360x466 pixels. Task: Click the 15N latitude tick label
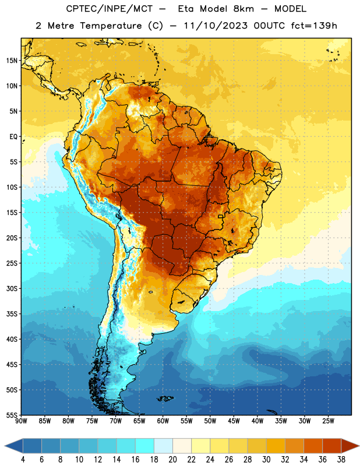coord(12,61)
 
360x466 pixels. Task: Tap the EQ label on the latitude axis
coord(13,137)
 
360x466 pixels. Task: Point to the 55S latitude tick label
coord(12,415)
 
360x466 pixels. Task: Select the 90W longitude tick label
coord(21,421)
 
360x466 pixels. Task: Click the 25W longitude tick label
coord(328,421)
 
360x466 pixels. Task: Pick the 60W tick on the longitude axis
coord(163,421)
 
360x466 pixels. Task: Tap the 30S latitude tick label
coord(12,288)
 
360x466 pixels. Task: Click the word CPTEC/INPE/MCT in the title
coord(109,9)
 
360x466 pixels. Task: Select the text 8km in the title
coord(243,9)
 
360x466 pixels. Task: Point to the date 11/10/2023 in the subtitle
coord(216,26)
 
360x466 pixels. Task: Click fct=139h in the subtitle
coord(314,26)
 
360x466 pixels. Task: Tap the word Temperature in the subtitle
coord(111,26)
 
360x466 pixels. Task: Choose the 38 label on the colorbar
coord(341,459)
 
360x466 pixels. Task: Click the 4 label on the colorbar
coord(23,459)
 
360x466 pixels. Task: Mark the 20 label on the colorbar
coord(172,459)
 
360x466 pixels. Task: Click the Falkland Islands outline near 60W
coord(165,398)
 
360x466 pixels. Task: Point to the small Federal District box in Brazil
coord(221,216)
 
